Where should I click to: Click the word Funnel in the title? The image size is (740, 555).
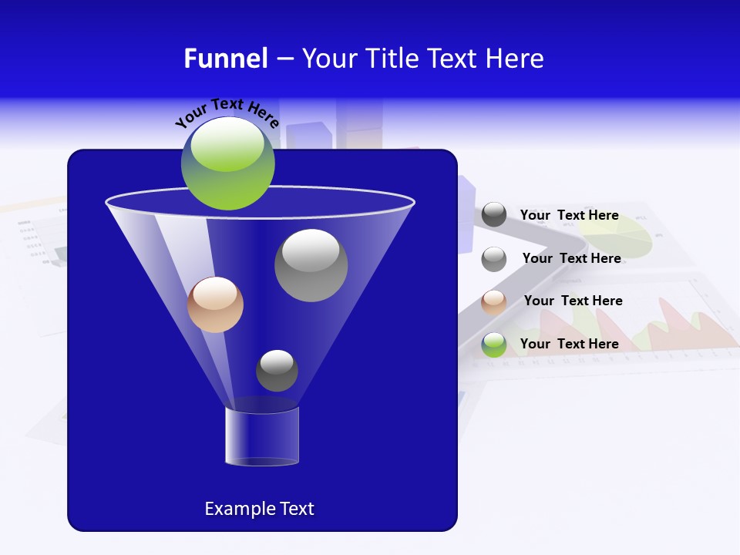click(225, 59)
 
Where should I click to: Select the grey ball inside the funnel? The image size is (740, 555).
click(311, 265)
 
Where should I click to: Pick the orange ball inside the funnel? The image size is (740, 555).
click(215, 304)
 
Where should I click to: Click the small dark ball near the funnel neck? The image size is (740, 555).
click(277, 370)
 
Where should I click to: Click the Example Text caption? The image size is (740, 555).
click(259, 509)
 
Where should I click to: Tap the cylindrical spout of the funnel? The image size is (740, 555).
click(262, 436)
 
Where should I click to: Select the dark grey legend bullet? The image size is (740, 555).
click(494, 215)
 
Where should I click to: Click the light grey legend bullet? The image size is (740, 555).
click(494, 259)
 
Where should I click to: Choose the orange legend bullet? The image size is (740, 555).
click(494, 302)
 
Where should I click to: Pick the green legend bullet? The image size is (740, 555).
click(494, 345)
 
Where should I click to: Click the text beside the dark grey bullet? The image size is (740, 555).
click(569, 216)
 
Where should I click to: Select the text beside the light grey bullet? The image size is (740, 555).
click(571, 259)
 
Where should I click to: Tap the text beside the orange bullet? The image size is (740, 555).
click(573, 301)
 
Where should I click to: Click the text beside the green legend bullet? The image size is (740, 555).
click(569, 345)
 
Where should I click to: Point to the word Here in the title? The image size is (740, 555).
click(515, 59)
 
